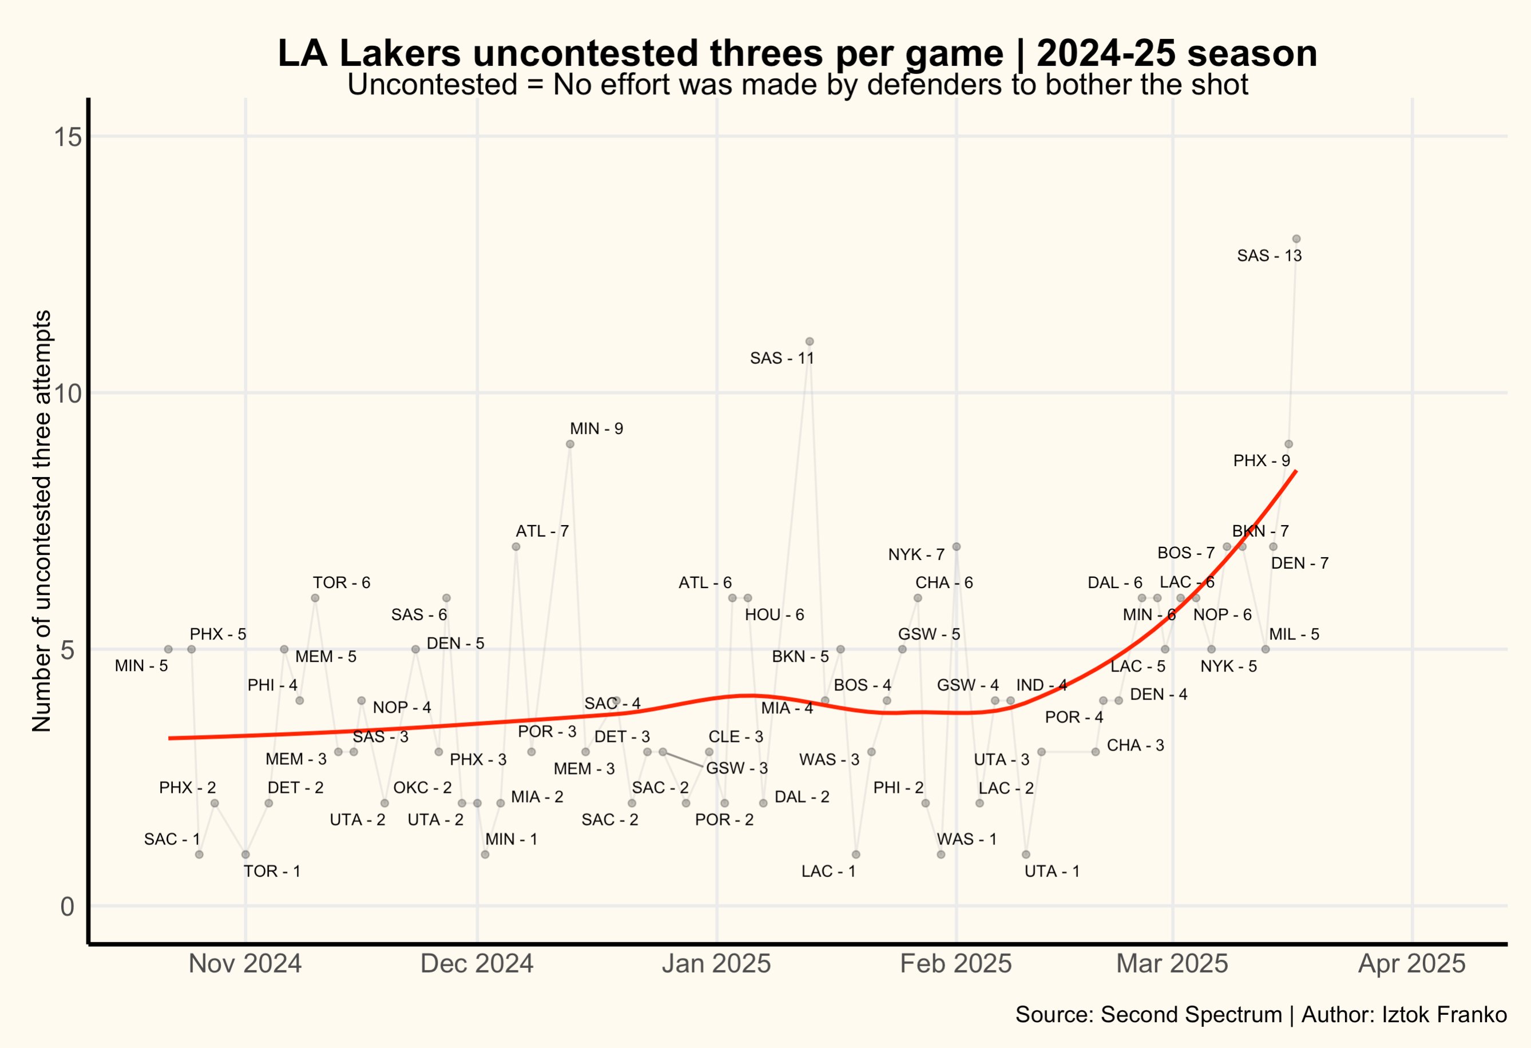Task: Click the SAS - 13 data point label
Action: (x=1269, y=256)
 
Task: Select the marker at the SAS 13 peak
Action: (x=1296, y=239)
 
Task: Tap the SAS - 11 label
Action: (x=782, y=358)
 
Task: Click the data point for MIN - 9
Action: (x=570, y=444)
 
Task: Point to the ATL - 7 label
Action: (x=542, y=531)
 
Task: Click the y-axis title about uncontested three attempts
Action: (x=42, y=521)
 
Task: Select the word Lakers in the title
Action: (x=400, y=54)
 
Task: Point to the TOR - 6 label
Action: (x=341, y=582)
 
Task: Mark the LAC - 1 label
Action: (x=828, y=871)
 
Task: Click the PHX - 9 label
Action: (x=1261, y=461)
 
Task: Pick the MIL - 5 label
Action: (x=1294, y=634)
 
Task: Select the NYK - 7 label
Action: (x=916, y=555)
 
